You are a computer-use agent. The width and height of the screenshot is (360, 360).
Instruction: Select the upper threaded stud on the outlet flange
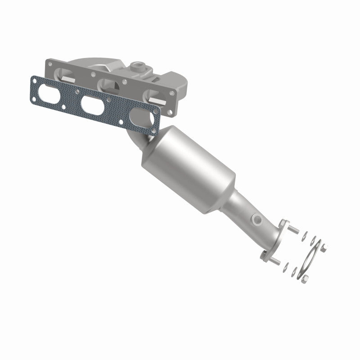(x=292, y=231)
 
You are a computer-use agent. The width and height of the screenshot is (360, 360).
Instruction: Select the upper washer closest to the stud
(x=301, y=234)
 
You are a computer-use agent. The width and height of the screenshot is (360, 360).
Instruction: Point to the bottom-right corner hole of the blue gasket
(x=153, y=132)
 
